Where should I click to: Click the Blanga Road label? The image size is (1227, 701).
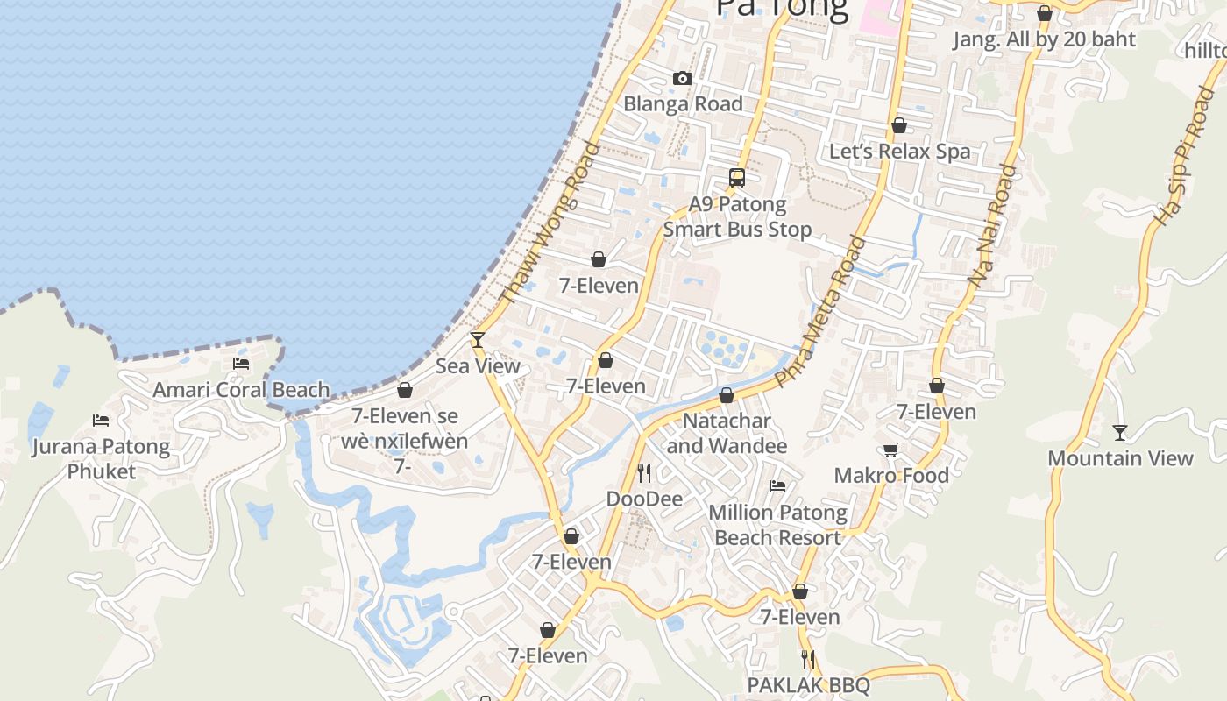click(x=683, y=103)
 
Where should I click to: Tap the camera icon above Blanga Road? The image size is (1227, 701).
click(x=683, y=79)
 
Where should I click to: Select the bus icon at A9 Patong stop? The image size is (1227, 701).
click(x=737, y=178)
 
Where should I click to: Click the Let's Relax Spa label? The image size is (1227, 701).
click(x=900, y=151)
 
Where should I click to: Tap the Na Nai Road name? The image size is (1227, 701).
click(x=992, y=226)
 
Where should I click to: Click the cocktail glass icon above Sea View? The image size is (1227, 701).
click(x=478, y=340)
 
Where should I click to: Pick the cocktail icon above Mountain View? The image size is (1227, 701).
click(x=1120, y=432)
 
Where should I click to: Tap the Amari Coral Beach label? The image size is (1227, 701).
click(x=241, y=390)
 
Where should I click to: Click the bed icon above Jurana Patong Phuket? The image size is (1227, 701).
click(x=101, y=421)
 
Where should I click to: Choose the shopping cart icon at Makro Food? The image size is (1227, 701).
click(x=891, y=450)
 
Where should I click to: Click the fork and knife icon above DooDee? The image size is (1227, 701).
click(x=644, y=473)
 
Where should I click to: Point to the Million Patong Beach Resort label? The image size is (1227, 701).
click(x=777, y=524)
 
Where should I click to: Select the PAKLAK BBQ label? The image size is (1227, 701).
click(x=808, y=684)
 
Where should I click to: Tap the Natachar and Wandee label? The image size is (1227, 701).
click(x=727, y=433)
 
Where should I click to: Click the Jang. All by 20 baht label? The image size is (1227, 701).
click(x=1044, y=39)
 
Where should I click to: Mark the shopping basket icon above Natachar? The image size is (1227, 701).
click(x=727, y=396)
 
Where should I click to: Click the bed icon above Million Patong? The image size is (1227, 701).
click(x=777, y=486)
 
